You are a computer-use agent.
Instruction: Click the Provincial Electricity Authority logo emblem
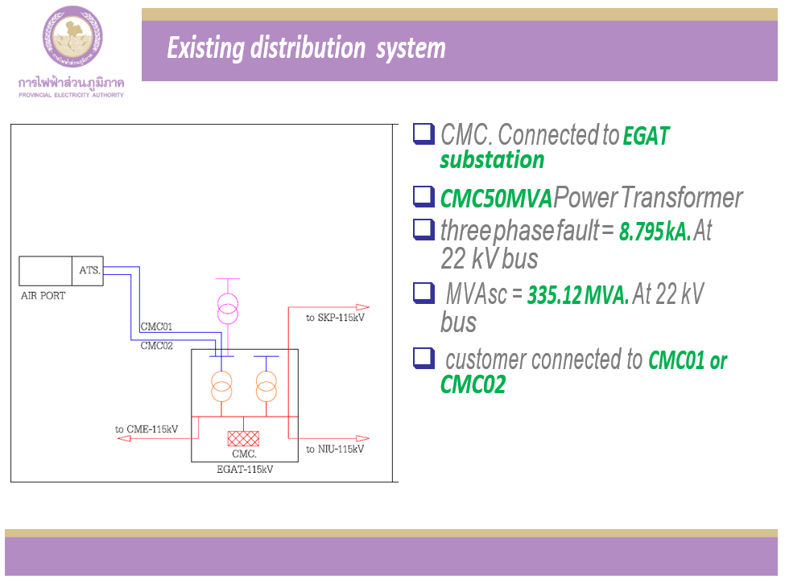(72, 38)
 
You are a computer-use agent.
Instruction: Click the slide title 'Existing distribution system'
(306, 48)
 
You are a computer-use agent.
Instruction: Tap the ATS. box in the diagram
(89, 271)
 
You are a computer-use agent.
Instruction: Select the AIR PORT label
(43, 296)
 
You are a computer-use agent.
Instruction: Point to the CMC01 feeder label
(156, 327)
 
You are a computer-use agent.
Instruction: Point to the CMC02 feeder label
(156, 346)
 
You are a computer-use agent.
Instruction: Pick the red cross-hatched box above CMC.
(243, 438)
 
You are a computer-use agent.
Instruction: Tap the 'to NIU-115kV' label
(335, 449)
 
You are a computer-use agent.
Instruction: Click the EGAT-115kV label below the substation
(245, 469)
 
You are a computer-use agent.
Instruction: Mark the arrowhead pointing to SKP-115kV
(362, 306)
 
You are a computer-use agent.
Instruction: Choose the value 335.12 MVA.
(578, 297)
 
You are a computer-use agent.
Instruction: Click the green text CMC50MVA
(496, 198)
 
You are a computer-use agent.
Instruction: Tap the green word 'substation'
(492, 160)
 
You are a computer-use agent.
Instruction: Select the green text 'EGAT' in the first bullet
(646, 136)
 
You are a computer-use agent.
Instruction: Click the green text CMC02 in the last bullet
(473, 385)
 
